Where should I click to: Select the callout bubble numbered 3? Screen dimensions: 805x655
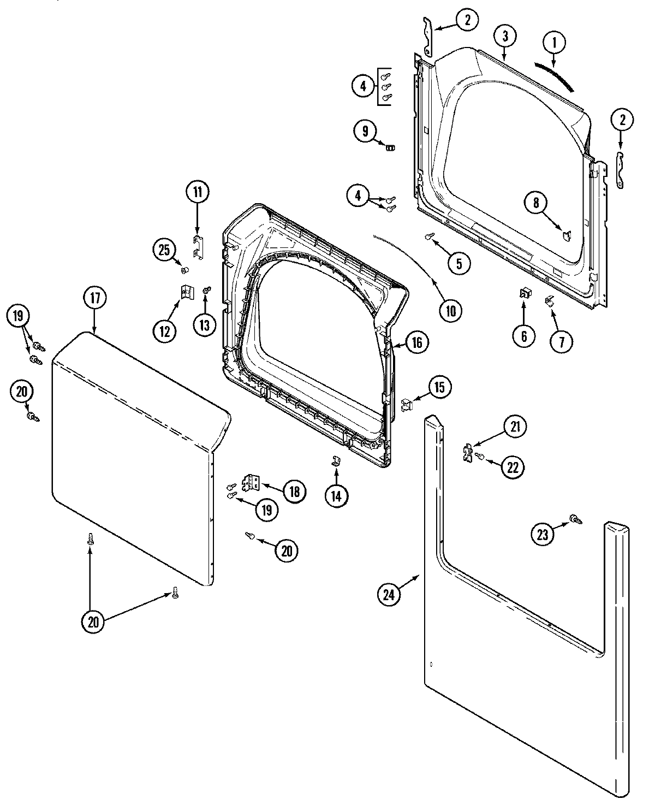point(505,37)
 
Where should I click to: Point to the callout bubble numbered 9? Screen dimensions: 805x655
point(365,131)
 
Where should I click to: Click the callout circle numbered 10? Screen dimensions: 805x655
point(450,310)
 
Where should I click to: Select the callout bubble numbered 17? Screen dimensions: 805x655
point(95,298)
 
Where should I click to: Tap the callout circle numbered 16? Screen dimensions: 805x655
point(416,342)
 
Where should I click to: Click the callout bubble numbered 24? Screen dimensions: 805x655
point(389,595)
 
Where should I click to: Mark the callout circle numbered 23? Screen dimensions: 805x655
point(542,535)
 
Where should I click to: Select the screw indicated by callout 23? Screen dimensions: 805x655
point(574,519)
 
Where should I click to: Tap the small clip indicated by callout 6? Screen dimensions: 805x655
point(524,294)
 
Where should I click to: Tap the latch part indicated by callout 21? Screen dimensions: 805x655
point(467,453)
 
